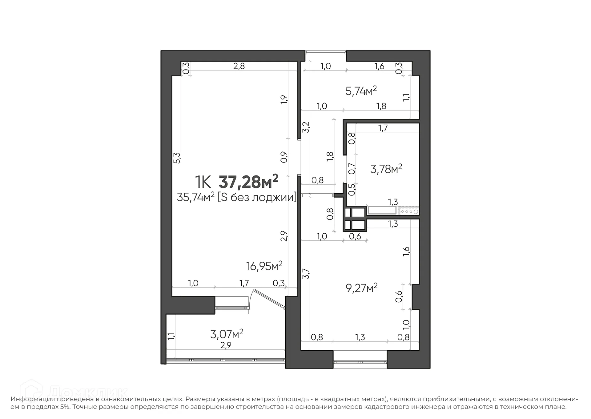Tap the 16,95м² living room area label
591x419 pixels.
pos(264,266)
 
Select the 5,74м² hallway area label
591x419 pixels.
pos(361,91)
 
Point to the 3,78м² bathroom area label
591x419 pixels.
pos(386,169)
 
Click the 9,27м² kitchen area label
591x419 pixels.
pos(361,288)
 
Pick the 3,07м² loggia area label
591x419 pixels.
pos(227,334)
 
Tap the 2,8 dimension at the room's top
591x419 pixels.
pos(239,66)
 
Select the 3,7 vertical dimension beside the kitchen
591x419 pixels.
pos(305,273)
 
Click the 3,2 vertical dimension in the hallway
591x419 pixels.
pos(306,127)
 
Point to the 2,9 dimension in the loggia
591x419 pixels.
pos(226,345)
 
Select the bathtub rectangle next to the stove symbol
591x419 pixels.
pos(382,211)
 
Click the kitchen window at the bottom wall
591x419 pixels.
pos(360,362)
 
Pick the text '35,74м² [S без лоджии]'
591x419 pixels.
pos(236,197)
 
